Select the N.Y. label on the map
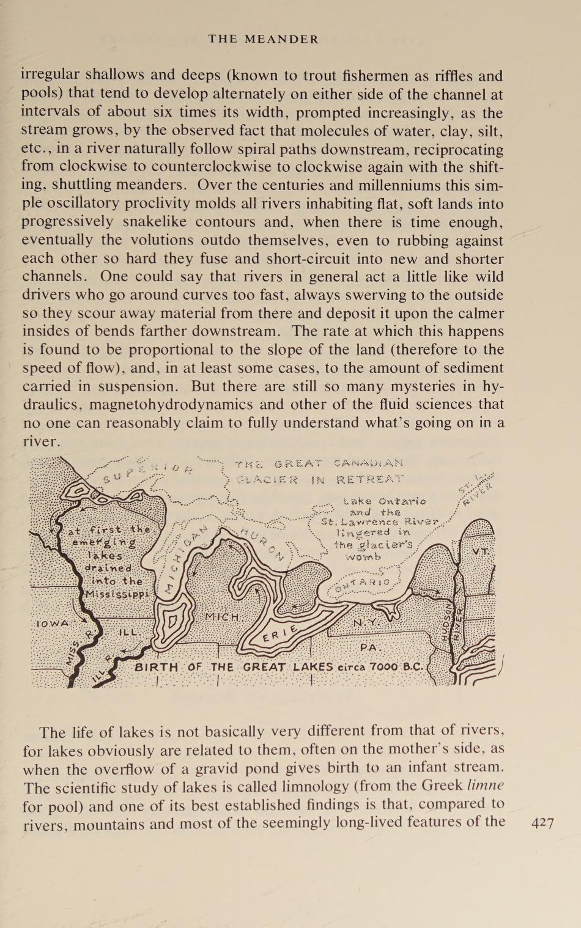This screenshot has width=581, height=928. pos(365,622)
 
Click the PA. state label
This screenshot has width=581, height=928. pos(371,647)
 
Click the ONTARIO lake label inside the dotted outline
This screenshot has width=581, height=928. pos(367,584)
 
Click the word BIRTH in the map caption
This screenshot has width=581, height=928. pos(157,667)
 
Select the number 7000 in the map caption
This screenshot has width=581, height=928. pos(384,667)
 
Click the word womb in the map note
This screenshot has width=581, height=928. pos(363,557)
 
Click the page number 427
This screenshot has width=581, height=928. pos(542,823)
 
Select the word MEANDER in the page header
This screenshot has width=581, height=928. pos(282,40)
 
